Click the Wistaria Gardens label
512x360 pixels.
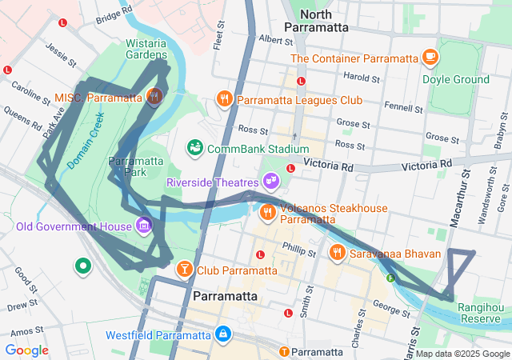point(146,48)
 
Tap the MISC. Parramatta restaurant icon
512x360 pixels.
point(155,98)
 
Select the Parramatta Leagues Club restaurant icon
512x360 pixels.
point(224,99)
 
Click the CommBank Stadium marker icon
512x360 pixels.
point(194,148)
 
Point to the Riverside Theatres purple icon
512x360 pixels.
point(271,182)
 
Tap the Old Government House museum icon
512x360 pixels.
point(143,225)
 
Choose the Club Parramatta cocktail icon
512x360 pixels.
point(185,269)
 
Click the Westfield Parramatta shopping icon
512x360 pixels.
point(223,333)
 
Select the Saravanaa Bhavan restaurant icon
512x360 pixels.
point(338,254)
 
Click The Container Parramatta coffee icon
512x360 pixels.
point(430,58)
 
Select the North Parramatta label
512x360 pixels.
point(324,20)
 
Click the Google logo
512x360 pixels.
point(26,350)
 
